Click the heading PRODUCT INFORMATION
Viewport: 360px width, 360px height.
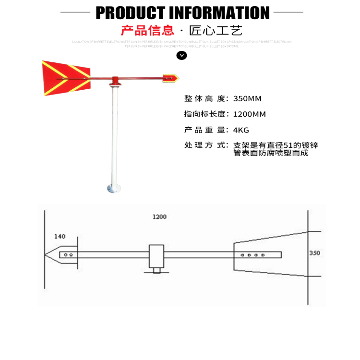pyautogui.click(x=182, y=12)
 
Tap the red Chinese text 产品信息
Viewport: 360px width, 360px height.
pyautogui.click(x=147, y=31)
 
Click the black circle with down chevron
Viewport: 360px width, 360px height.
pyautogui.click(x=181, y=55)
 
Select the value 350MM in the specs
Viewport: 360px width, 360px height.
pyautogui.click(x=247, y=99)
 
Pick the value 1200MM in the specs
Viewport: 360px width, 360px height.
pyautogui.click(x=249, y=114)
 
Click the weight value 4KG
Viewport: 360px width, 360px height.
pyautogui.click(x=241, y=130)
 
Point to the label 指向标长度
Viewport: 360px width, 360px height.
pyautogui.click(x=205, y=114)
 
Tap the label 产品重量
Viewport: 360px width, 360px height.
pyautogui.click(x=205, y=130)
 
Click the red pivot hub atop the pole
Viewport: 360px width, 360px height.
pyautogui.click(x=115, y=80)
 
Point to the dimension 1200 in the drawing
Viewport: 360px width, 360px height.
pyautogui.click(x=159, y=217)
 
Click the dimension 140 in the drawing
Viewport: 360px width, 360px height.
pyautogui.click(x=60, y=236)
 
